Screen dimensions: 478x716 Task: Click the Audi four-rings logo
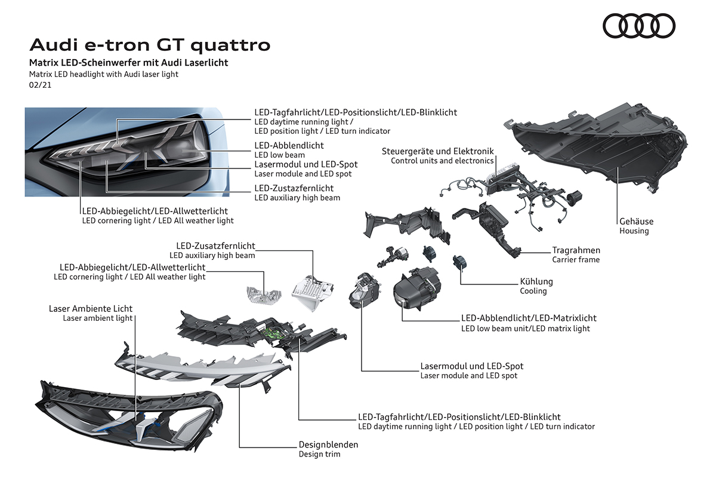coord(639,25)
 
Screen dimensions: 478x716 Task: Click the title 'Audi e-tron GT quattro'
coord(150,45)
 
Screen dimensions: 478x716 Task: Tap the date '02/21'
coord(40,85)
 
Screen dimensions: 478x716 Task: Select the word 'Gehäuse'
coord(636,222)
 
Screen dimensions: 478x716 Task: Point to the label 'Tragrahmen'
coord(576,250)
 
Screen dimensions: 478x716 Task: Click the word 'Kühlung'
coord(536,281)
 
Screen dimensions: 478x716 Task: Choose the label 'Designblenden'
coord(328,445)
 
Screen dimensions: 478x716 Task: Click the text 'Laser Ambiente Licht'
coord(91,308)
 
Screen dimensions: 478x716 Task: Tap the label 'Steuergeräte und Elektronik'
coord(438,152)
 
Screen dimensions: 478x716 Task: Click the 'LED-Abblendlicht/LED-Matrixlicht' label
coord(529,318)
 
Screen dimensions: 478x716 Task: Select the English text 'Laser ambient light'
coord(98,318)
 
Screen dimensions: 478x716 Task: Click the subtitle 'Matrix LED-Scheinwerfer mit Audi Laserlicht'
coord(129,63)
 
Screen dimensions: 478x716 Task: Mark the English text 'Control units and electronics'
coord(442,161)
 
